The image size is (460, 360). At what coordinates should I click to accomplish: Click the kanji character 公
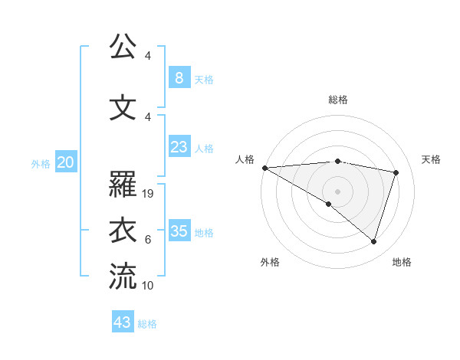tap(123, 47)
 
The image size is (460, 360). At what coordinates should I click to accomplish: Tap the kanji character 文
tap(123, 107)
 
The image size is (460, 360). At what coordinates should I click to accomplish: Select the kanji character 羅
tap(123, 185)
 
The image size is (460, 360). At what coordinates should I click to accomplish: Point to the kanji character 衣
tap(123, 231)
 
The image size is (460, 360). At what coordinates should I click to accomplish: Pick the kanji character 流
tap(123, 277)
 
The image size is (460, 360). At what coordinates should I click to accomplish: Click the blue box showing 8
tap(179, 77)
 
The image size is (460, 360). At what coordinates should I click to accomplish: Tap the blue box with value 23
tap(179, 146)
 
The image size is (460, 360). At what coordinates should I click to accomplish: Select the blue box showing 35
tap(179, 231)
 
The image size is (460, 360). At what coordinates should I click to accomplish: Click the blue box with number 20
tap(65, 162)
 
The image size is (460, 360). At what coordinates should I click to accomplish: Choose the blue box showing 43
tap(123, 322)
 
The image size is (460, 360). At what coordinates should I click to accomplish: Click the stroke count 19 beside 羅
tap(149, 194)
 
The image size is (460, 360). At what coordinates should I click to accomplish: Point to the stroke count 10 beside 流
tap(149, 286)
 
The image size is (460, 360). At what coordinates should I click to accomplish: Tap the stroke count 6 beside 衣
tap(148, 240)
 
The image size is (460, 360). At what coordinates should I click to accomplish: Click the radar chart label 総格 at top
tap(337, 100)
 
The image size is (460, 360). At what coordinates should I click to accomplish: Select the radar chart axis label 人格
tap(245, 159)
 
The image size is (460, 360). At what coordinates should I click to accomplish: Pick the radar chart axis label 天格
tap(431, 159)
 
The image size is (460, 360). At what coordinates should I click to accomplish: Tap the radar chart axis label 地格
tap(402, 262)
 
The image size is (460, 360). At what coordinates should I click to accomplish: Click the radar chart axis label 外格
tap(270, 262)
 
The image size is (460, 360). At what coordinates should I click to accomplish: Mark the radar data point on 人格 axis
tap(264, 168)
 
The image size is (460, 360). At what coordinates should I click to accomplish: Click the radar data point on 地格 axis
tap(373, 241)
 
